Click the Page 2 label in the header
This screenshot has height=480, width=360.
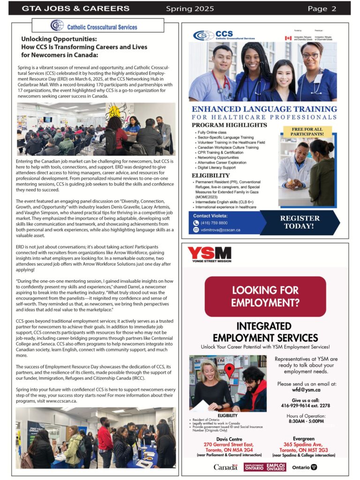322,8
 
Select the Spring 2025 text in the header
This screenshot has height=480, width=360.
190,8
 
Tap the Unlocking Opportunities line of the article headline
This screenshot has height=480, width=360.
59,39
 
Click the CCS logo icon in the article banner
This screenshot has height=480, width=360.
57,25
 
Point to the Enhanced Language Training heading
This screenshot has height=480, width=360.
264,109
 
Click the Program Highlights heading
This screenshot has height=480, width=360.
229,125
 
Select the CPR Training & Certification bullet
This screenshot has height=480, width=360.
220,152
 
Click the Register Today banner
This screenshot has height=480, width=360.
300,222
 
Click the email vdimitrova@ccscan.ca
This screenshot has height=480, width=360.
220,230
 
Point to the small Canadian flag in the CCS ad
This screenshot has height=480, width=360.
288,38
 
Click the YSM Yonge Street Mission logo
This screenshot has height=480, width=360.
209,254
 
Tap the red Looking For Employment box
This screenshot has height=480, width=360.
265,296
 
